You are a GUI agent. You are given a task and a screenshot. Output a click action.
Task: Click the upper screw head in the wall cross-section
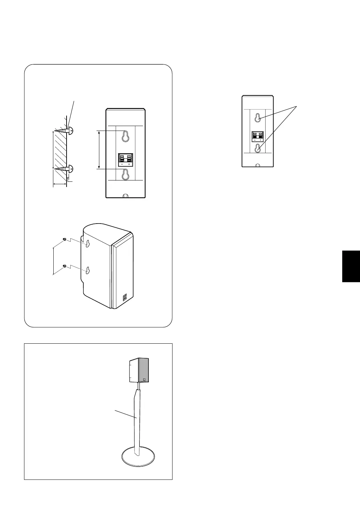(70, 131)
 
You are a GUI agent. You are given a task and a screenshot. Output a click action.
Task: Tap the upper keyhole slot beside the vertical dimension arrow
(125, 137)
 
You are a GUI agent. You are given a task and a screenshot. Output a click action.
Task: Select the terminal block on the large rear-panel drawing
(125, 159)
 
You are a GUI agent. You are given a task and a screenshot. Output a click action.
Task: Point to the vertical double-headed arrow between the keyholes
(99, 150)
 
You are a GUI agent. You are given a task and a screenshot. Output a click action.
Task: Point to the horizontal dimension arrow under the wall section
(60, 184)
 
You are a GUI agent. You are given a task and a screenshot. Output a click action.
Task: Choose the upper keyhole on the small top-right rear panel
(258, 118)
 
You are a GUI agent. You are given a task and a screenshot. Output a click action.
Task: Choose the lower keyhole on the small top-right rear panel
(258, 148)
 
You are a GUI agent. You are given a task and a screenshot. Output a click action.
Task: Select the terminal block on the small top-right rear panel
(258, 136)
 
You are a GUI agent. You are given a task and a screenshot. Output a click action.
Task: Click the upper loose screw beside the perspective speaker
(64, 239)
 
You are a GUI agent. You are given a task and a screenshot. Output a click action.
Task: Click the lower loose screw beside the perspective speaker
(64, 266)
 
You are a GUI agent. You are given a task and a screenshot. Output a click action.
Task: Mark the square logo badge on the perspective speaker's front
(124, 298)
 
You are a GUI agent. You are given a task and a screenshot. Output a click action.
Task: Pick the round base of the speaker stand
(139, 456)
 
